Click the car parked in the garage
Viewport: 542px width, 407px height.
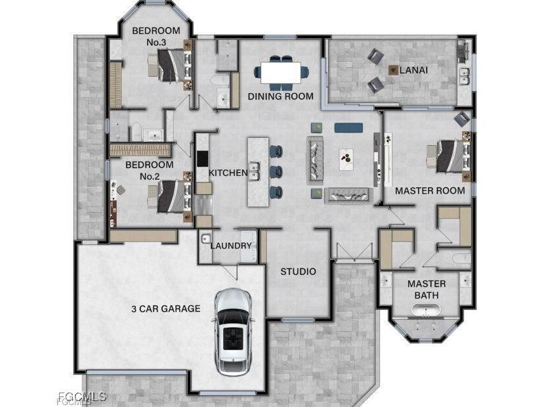(233, 332)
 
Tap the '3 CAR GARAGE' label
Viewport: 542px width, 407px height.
(165, 309)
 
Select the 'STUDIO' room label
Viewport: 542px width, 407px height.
(298, 271)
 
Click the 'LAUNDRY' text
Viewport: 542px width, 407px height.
(231, 246)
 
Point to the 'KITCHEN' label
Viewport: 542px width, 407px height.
(228, 173)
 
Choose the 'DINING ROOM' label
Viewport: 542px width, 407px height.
(280, 96)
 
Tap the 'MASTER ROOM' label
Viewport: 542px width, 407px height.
(429, 191)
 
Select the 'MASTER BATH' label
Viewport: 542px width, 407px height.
(426, 289)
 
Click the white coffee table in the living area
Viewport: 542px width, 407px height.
(346, 157)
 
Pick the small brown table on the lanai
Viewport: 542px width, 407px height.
(393, 69)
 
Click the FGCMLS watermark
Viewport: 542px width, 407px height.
(82, 396)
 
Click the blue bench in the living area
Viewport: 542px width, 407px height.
(348, 127)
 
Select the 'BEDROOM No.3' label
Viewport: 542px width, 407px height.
(156, 36)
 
